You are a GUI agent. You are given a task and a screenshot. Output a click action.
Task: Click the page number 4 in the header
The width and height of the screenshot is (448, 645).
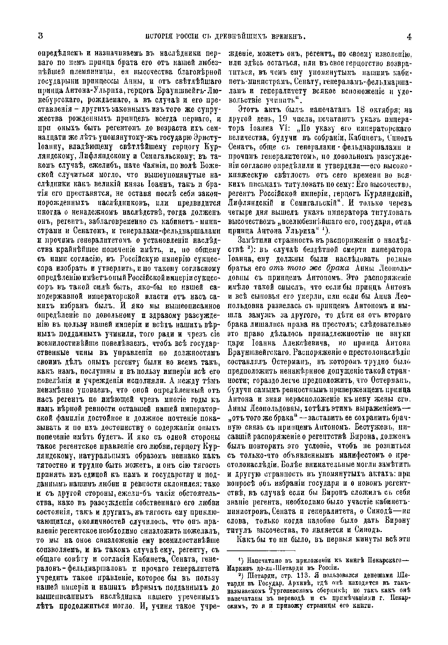pyautogui.click(x=408, y=36)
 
